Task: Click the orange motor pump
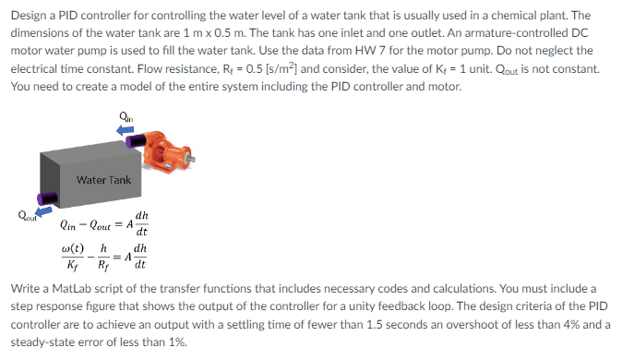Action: (165, 148)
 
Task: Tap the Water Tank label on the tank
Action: (103, 180)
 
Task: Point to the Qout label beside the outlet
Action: (18, 217)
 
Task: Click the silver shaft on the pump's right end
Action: (191, 160)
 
